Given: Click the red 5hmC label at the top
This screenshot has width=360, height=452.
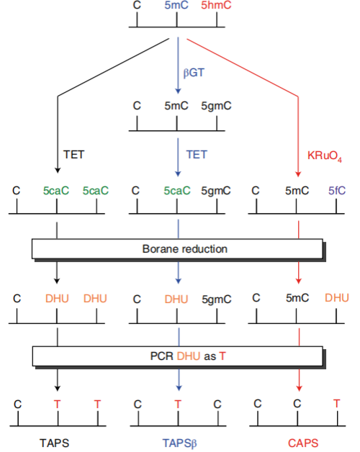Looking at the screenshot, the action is [216, 5].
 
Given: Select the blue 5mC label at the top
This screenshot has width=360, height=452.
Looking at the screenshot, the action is [176, 5].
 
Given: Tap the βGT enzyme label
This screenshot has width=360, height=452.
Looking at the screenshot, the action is [194, 73].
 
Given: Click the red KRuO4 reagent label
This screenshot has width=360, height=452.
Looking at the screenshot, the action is [325, 156].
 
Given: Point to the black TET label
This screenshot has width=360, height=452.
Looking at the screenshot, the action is [74, 155].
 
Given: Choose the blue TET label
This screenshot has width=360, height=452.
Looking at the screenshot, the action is [197, 155].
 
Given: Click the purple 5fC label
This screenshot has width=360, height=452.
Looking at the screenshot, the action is [337, 191].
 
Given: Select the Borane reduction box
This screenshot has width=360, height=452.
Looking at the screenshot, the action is [177, 249].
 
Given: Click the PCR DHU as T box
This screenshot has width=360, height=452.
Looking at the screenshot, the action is [178, 356].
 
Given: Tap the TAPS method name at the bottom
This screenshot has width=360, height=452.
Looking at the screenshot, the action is [55, 443].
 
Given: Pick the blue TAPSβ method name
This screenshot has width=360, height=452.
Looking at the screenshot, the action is [179, 443].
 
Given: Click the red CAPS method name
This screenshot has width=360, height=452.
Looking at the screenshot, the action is [303, 443].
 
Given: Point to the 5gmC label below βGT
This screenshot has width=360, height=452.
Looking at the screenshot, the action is [216, 106].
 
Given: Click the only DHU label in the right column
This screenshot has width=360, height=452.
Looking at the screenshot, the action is [337, 298].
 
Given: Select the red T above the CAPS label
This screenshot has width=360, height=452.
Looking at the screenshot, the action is [337, 404].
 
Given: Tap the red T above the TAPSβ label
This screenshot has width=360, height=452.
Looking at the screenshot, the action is [178, 404].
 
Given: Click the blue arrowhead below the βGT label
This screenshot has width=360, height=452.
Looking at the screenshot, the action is [178, 91].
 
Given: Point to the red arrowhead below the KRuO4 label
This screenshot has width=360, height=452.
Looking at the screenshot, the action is [298, 174].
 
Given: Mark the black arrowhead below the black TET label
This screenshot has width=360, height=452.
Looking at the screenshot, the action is [58, 170].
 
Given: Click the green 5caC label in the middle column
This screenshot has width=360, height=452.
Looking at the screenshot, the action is [177, 191].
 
